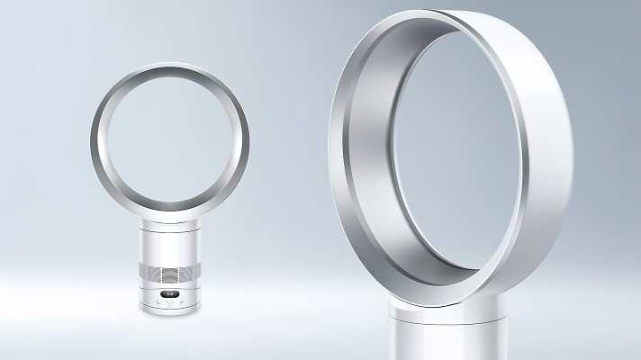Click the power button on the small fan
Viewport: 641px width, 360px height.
(x=171, y=302)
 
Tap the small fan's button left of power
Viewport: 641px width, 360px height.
(x=157, y=302)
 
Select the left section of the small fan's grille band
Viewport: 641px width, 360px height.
(x=149, y=270)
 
